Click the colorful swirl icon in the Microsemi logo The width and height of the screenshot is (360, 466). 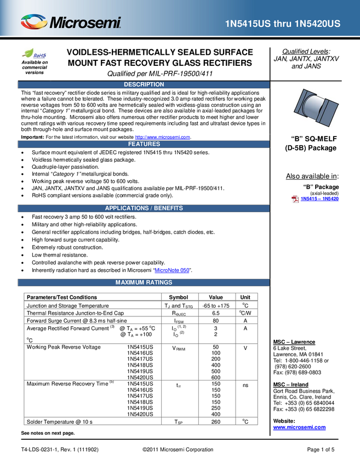[33, 22]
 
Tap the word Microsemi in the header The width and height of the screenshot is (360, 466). [85, 23]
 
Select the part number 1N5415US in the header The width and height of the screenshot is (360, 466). [248, 24]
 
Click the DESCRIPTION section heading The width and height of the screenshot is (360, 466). [144, 84]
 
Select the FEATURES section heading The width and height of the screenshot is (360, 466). [144, 144]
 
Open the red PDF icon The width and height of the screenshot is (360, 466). [295, 199]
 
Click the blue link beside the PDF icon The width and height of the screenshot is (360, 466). [321, 198]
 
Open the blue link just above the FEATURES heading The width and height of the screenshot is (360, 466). [163, 137]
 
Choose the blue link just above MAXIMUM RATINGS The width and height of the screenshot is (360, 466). [172, 269]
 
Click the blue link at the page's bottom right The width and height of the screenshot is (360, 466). [299, 428]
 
